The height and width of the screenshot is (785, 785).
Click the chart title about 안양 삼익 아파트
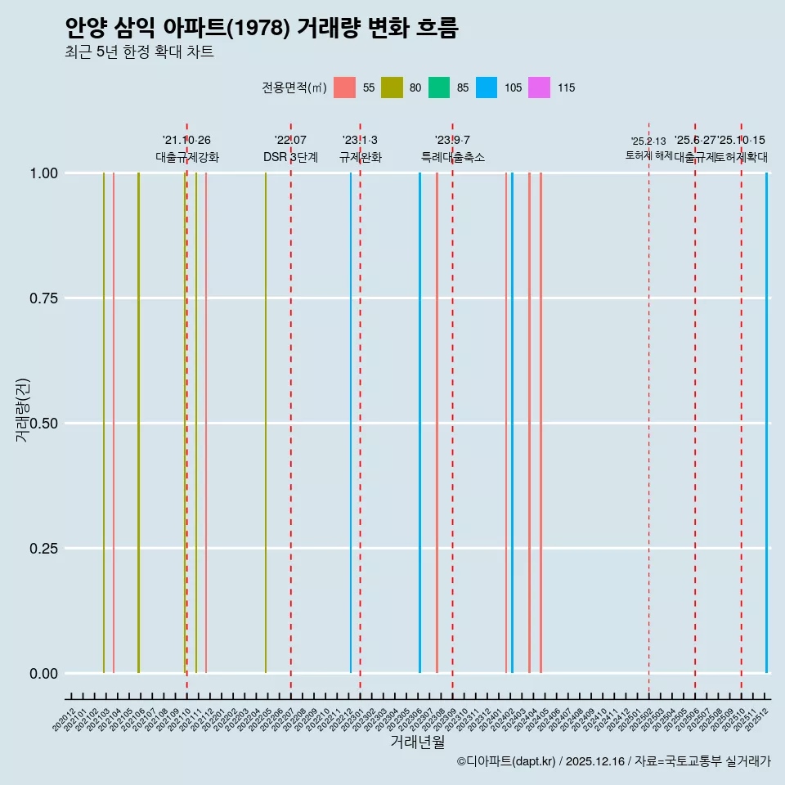click(262, 28)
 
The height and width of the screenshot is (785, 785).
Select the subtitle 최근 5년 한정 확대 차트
click(139, 52)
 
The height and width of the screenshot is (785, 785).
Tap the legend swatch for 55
click(345, 87)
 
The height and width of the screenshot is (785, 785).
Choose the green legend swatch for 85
click(439, 87)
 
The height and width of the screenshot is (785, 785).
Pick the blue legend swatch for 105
click(487, 87)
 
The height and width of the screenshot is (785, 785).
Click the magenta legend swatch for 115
click(539, 87)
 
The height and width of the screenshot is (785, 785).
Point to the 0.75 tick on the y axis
click(42, 298)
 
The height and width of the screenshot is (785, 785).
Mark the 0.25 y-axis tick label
click(42, 548)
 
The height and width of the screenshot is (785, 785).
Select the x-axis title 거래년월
click(417, 742)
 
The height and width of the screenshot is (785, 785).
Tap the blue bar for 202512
click(766, 423)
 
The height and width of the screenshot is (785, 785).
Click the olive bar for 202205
click(266, 423)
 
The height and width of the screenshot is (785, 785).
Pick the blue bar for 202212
click(351, 423)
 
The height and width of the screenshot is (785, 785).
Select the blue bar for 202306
click(420, 423)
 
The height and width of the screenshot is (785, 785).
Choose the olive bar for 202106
click(138, 423)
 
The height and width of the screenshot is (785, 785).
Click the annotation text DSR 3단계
click(290, 157)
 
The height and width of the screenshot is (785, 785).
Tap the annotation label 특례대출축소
click(452, 157)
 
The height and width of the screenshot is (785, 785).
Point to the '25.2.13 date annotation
click(648, 141)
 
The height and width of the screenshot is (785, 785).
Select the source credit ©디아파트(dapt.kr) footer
click(613, 761)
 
